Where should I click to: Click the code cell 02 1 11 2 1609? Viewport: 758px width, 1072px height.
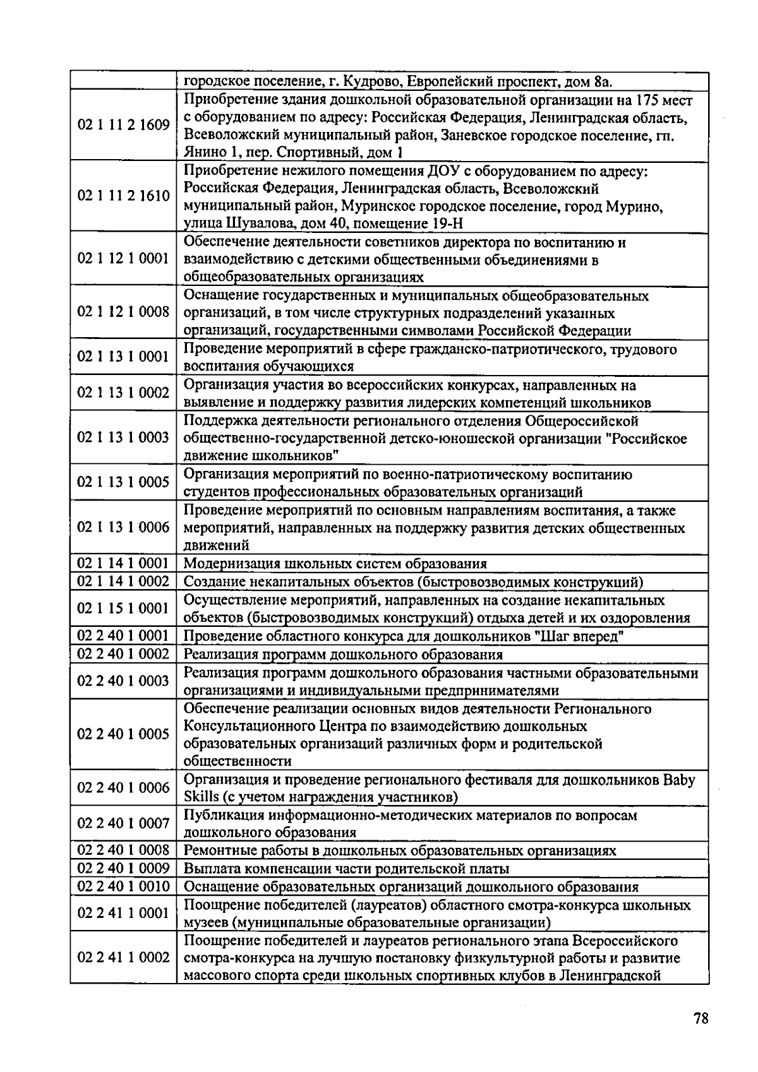pos(123,125)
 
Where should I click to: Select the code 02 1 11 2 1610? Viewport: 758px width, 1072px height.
pos(123,196)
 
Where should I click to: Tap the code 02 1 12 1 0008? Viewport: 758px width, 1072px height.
pos(123,312)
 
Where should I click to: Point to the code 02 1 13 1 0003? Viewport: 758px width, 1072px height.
pos(123,438)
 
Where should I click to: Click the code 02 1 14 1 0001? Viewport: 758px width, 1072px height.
pos(123,563)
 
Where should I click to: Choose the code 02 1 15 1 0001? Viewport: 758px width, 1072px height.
pos(123,608)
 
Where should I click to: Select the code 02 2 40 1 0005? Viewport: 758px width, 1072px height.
pos(123,734)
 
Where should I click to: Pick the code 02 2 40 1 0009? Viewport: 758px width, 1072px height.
pos(123,868)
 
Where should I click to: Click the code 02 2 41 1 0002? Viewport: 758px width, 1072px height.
pos(123,957)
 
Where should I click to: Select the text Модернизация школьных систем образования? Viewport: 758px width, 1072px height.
pos(335,564)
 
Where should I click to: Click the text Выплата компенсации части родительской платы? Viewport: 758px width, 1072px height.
pos(346,869)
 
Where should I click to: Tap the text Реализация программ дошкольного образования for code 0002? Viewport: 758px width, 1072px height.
pos(343,654)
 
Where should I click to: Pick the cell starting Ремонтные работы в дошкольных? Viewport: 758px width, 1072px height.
pos(399,850)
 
